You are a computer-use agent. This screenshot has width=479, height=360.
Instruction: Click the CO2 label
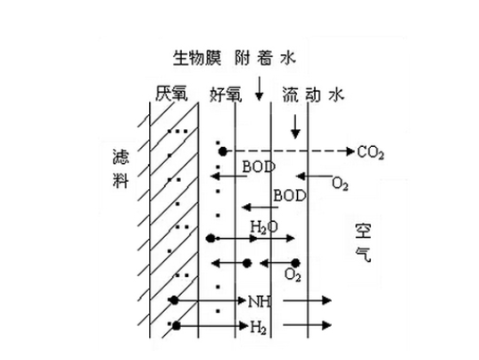point(370,152)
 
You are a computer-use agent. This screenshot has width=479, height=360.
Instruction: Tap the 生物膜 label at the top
point(197,58)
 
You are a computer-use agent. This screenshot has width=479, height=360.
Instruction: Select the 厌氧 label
point(171,94)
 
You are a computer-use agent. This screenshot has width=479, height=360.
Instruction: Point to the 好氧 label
point(226,94)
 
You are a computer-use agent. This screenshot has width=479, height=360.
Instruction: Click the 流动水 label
point(313,94)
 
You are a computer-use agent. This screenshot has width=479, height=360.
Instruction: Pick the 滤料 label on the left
point(120,168)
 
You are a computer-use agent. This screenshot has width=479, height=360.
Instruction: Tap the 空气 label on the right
point(363,243)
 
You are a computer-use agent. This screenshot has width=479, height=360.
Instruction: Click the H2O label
point(264,227)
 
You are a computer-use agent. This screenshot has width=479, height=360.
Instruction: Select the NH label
point(260,302)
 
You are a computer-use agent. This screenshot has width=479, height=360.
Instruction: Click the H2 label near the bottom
point(258,327)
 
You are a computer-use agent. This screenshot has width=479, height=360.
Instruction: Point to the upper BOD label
point(259,167)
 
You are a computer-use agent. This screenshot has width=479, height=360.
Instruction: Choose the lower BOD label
point(289,195)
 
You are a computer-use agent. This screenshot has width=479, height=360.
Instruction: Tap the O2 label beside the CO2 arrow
point(340,184)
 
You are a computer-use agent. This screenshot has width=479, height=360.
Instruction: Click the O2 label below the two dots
point(293,274)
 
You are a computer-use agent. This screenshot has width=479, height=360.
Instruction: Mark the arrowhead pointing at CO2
point(351,151)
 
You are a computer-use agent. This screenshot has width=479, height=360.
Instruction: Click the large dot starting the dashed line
point(223,151)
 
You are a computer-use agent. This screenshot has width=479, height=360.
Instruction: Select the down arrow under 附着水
point(259,89)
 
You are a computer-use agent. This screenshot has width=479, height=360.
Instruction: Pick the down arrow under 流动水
point(295,127)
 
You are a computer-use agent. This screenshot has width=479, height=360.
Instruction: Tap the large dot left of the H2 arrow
point(177,326)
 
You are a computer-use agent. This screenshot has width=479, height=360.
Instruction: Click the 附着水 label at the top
point(266,58)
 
